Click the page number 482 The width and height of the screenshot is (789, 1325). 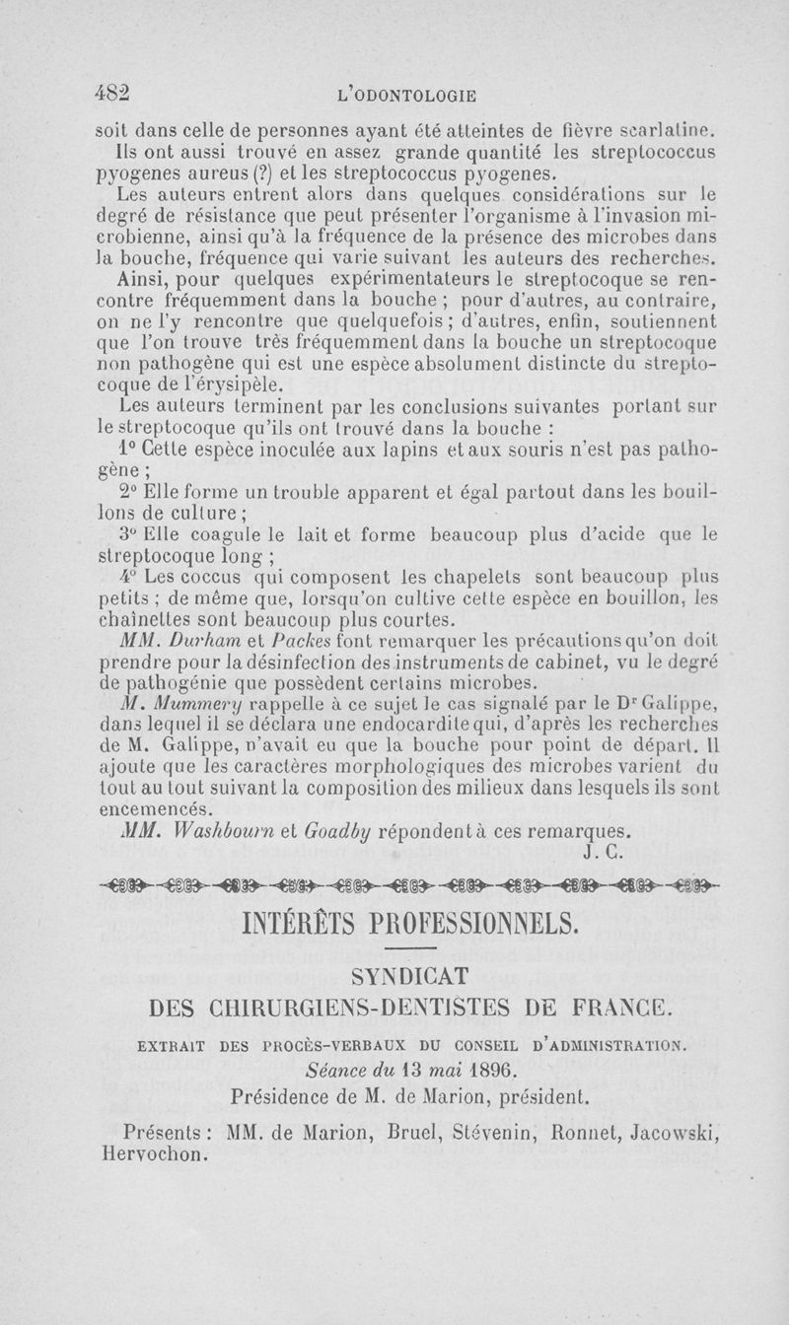112,92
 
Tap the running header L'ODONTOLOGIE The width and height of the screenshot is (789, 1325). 406,96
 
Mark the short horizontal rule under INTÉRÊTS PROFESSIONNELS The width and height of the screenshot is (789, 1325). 408,947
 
